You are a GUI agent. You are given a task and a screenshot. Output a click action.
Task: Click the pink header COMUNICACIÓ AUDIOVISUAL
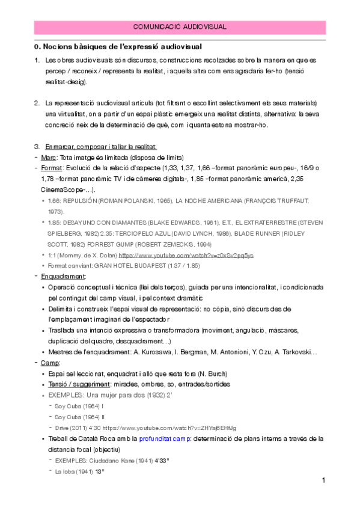180,26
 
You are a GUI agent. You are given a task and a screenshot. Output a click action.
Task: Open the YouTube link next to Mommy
187,255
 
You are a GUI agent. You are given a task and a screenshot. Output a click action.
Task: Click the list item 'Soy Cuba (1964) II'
80,416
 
